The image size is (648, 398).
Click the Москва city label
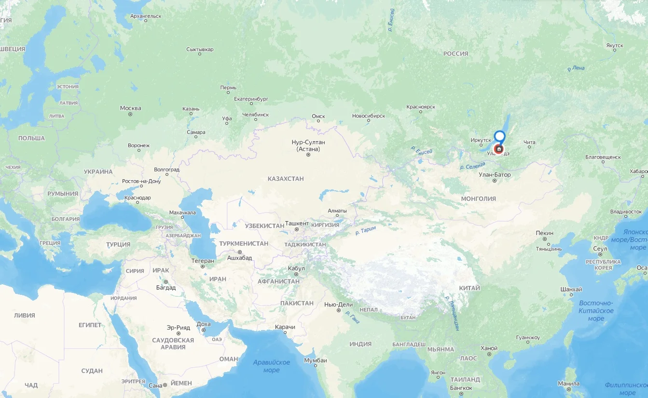pos(130,108)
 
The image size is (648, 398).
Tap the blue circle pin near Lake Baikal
pos(500,136)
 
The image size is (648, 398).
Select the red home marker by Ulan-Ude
pos(499,149)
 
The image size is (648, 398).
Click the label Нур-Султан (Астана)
pos(308,146)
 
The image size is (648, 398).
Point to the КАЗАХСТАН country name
pos(286,179)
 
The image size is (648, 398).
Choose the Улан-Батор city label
pos(495,174)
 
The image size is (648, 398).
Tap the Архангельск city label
pos(146,16)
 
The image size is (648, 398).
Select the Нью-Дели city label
pos(339,305)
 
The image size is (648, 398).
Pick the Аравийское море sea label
pos(271,366)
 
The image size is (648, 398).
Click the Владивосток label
pos(626,212)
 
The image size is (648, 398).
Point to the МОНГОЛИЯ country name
pos(478,199)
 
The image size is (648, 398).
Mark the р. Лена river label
pos(576,68)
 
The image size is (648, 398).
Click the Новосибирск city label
pos(369,116)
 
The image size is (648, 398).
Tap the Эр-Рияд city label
pos(178,328)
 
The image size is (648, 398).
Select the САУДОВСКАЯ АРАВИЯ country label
pos(173,344)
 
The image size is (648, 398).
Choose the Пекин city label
pos(544,233)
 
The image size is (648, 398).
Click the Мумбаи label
pos(316,360)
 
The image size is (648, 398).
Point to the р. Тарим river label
pos(365,231)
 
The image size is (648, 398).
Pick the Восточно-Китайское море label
pos(596,311)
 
